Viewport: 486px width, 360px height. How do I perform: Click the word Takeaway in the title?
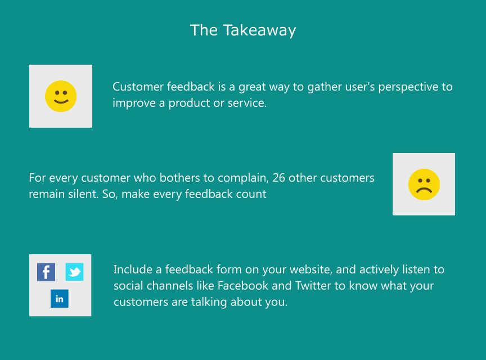click(x=259, y=31)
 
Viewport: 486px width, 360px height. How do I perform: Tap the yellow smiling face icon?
click(x=61, y=96)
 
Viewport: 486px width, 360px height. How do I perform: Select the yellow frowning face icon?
click(x=424, y=184)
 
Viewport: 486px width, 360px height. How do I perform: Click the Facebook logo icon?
click(x=46, y=272)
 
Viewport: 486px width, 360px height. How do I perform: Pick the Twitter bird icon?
click(x=74, y=272)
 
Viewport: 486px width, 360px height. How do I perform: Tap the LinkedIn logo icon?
click(x=60, y=299)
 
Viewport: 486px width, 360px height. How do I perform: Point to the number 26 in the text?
click(x=278, y=178)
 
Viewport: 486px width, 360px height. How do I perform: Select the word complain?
click(x=244, y=178)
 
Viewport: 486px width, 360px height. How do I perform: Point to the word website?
click(x=305, y=270)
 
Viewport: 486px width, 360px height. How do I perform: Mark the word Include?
click(x=133, y=269)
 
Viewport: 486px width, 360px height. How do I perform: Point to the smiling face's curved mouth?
click(x=61, y=101)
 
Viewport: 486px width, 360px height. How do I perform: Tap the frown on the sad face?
click(x=424, y=190)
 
